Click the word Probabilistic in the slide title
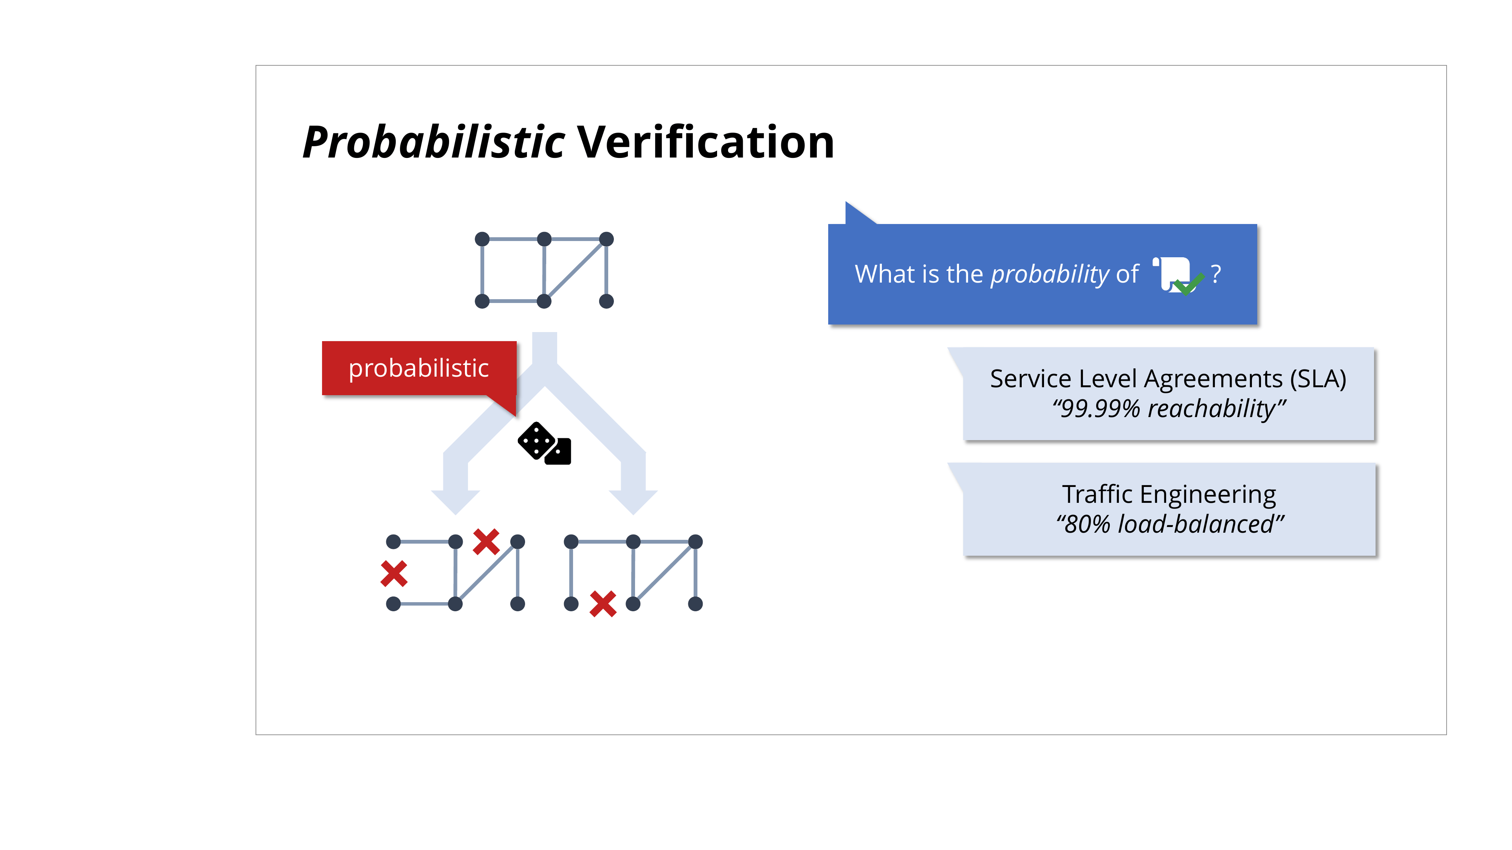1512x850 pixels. pos(434,142)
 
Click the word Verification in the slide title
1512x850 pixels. pos(705,142)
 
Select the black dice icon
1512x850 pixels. pos(544,444)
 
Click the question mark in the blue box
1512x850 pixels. pos(1216,274)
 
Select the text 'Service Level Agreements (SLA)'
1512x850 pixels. pos(1168,379)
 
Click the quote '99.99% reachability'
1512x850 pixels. pos(1169,408)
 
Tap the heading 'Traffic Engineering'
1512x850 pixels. pos(1169,495)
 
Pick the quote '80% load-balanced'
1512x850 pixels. pos(1170,524)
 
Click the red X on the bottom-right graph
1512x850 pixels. pos(603,604)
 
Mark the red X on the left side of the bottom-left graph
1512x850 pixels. pos(394,574)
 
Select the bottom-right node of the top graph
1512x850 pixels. pos(606,301)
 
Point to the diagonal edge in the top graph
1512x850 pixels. pos(575,270)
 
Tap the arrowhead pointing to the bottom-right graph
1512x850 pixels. pos(633,502)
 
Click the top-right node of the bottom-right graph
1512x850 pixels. pos(695,541)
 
